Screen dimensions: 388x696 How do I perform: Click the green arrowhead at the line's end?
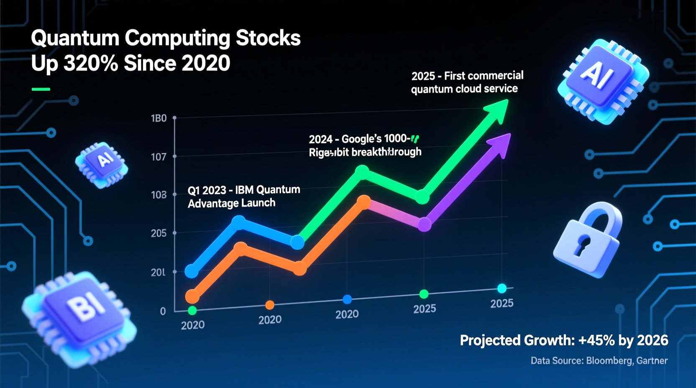click(x=498, y=110)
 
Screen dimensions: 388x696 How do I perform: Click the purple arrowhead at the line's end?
click(x=501, y=144)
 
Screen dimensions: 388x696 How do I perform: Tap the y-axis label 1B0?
click(x=159, y=118)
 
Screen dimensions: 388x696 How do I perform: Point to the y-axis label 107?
click(x=159, y=157)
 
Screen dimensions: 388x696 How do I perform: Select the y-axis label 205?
click(x=159, y=233)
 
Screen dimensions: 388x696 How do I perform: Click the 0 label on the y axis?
click(x=163, y=311)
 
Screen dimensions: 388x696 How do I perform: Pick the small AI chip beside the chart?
click(x=102, y=164)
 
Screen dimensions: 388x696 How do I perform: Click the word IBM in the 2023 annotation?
click(x=244, y=190)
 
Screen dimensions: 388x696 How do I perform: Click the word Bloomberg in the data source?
click(x=609, y=360)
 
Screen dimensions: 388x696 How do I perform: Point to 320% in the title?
click(x=91, y=64)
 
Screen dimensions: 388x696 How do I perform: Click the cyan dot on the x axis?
click(x=502, y=288)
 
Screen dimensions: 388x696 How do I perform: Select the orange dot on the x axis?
click(x=270, y=305)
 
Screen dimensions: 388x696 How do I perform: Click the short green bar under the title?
click(x=41, y=89)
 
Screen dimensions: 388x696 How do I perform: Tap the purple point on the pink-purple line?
click(x=425, y=225)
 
